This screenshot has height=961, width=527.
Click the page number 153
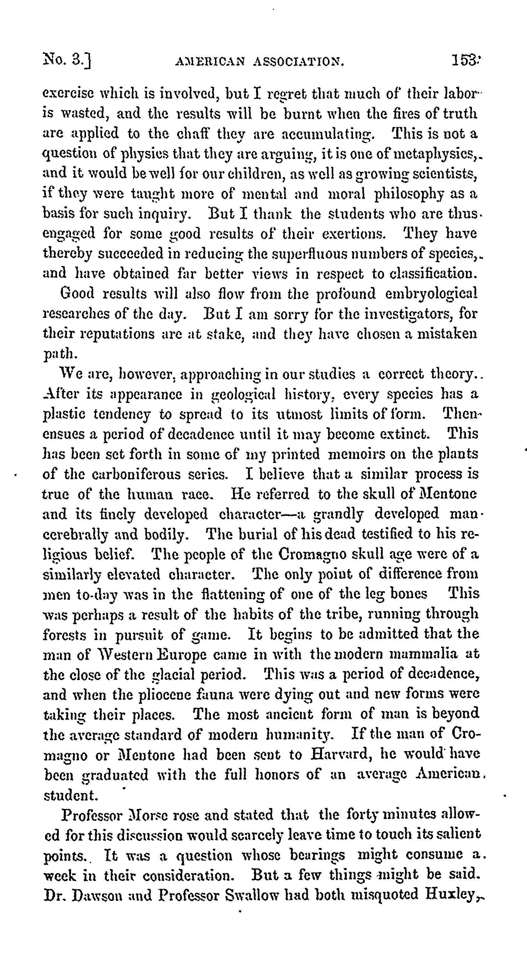465,60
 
